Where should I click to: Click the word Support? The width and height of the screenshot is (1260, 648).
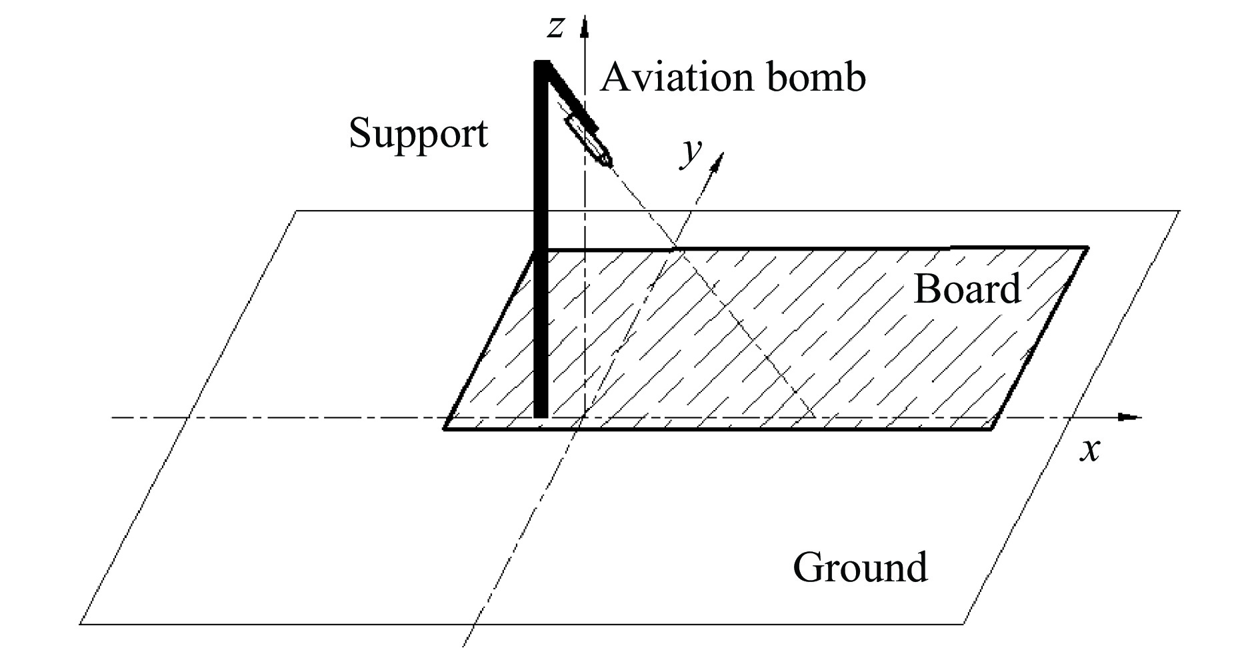tap(418, 133)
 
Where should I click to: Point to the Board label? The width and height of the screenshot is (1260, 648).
tap(966, 289)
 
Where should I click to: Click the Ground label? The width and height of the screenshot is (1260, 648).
tap(860, 567)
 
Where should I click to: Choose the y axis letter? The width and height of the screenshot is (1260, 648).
tap(691, 153)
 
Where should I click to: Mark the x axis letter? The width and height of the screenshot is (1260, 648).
tap(1089, 451)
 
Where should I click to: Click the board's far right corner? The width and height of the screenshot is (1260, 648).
tap(1087, 248)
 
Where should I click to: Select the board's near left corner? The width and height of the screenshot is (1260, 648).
tap(445, 429)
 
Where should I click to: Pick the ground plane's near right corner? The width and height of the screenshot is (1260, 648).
tap(964, 624)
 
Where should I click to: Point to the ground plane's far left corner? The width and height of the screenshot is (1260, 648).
tap(297, 211)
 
